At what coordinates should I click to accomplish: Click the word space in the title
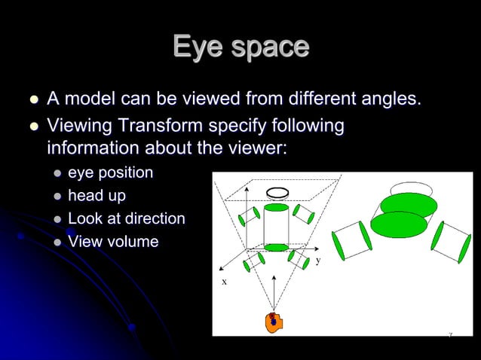[x=266, y=47]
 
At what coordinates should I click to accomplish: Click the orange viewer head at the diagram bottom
[x=273, y=322]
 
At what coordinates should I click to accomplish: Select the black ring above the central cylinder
[x=277, y=192]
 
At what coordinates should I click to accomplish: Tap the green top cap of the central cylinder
[x=277, y=207]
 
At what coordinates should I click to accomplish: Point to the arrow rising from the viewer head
[x=274, y=294]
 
